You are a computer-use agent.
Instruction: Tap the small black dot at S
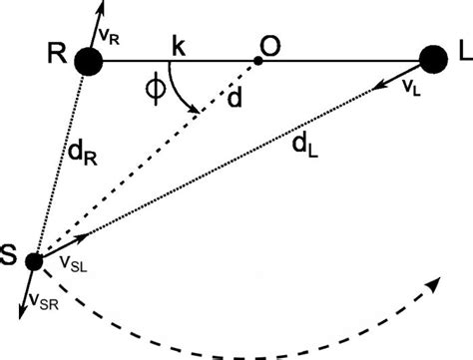pyautogui.click(x=34, y=262)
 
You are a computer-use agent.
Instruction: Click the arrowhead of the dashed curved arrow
pyautogui.click(x=435, y=286)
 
